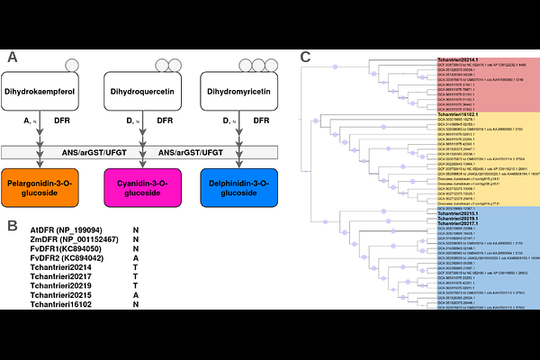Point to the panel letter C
coord(306,57)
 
